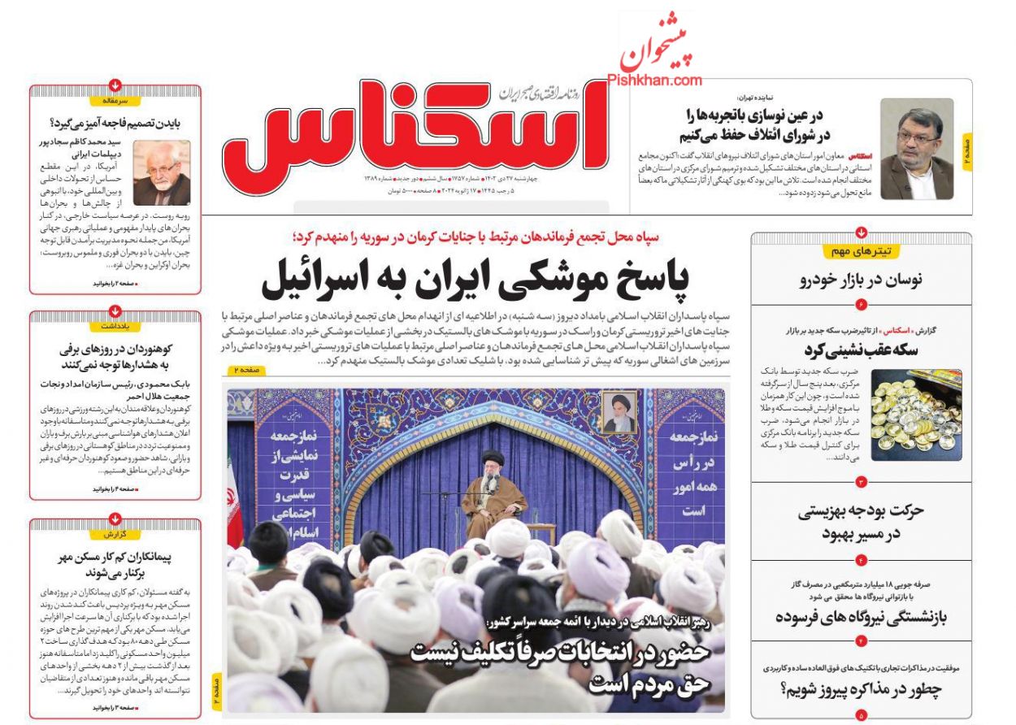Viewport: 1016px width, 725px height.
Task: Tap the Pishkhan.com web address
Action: pyautogui.click(x=654, y=80)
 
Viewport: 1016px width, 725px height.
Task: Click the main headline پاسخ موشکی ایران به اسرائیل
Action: pyautogui.click(x=475, y=281)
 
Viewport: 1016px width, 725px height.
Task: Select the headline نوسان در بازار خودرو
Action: pyautogui.click(x=861, y=280)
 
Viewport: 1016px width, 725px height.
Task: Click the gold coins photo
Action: pyautogui.click(x=916, y=415)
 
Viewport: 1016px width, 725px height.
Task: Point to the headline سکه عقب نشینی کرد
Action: pyautogui.click(x=861, y=350)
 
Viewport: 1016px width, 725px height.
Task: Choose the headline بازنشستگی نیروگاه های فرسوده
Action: pyautogui.click(x=861, y=616)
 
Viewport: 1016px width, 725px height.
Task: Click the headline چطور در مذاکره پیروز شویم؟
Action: pyautogui.click(x=861, y=690)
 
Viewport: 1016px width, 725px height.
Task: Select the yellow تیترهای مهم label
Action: pyautogui.click(x=862, y=250)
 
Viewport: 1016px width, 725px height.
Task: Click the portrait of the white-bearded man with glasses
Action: pyautogui.click(x=162, y=172)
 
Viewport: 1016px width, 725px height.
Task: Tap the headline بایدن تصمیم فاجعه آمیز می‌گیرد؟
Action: pyautogui.click(x=115, y=124)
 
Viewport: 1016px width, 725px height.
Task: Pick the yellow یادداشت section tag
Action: pyautogui.click(x=115, y=325)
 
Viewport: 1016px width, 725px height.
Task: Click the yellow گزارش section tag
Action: pyautogui.click(x=115, y=534)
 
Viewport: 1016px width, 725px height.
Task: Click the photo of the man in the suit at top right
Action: pyautogui.click(x=917, y=149)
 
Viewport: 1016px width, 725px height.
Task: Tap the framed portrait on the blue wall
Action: pyautogui.click(x=620, y=412)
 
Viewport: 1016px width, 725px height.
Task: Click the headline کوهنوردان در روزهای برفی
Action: pyautogui.click(x=115, y=357)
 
